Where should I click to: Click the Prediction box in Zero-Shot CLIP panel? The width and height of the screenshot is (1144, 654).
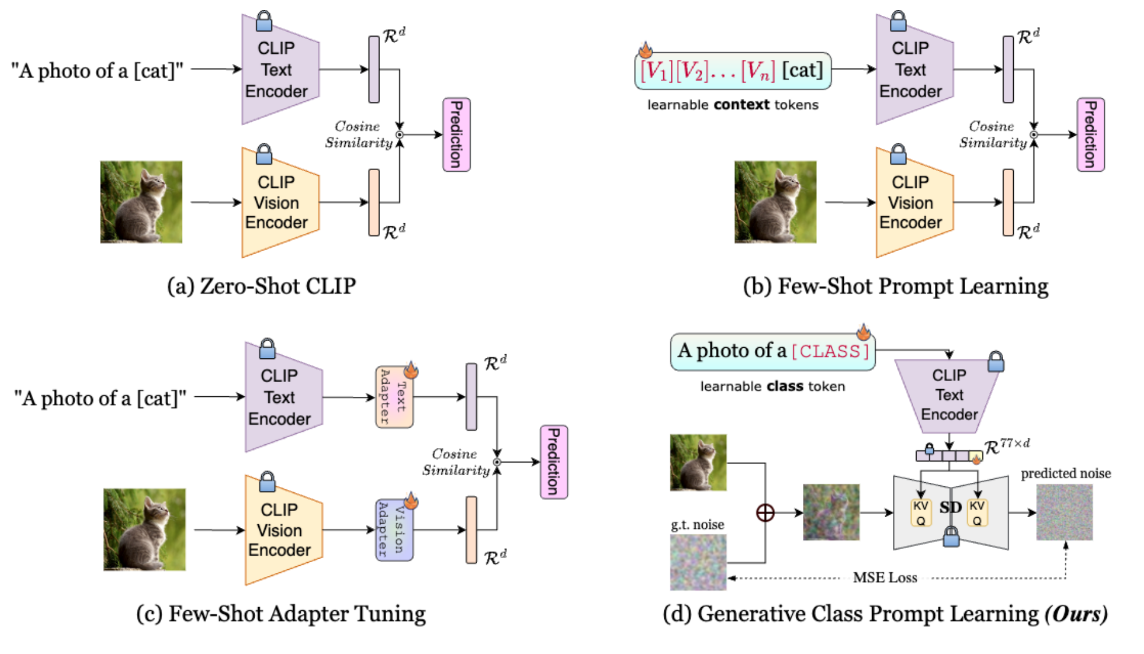(457, 135)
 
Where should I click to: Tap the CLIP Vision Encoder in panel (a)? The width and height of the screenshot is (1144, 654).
(280, 203)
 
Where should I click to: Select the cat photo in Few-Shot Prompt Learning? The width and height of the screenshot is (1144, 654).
(775, 202)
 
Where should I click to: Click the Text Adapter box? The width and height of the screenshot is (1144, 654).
(394, 397)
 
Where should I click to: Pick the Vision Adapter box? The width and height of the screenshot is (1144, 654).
(394, 530)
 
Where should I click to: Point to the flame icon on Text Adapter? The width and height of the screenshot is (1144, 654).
(411, 370)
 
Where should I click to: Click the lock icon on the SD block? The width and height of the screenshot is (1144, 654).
(951, 536)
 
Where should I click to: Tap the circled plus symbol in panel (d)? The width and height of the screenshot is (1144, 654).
(765, 512)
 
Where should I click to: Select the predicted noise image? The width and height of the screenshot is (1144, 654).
(1064, 512)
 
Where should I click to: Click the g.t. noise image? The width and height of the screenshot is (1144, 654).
(698, 562)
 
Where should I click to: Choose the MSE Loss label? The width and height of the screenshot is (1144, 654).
(885, 578)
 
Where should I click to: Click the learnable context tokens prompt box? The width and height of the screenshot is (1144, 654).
(732, 71)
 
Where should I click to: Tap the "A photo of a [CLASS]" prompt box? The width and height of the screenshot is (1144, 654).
(773, 352)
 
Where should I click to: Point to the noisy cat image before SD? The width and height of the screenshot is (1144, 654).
(831, 512)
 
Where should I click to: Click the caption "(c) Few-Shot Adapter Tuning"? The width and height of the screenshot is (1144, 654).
(281, 614)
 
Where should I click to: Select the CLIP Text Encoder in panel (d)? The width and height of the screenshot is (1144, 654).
(949, 396)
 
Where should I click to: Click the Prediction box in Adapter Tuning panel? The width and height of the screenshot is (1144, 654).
(554, 462)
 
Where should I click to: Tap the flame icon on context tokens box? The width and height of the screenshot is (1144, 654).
(645, 50)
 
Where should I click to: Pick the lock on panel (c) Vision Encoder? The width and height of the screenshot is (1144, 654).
(267, 482)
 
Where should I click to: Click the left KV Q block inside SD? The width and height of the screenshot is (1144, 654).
(920, 512)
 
